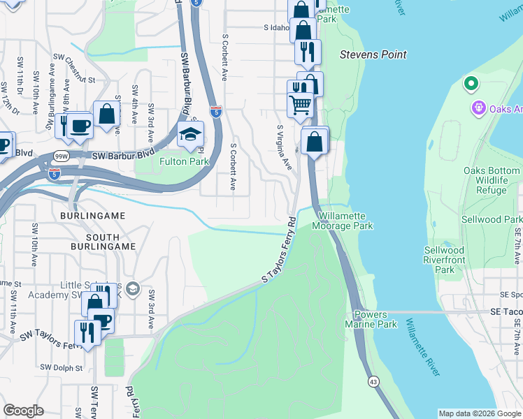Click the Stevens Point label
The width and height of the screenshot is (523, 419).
pyautogui.click(x=373, y=54)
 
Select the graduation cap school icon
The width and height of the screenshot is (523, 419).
pyautogui.click(x=189, y=135)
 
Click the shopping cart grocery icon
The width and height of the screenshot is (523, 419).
pyautogui.click(x=301, y=105)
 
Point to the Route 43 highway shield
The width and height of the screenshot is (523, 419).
pyautogui.click(x=373, y=381)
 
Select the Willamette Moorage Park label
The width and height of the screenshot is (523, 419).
pyautogui.click(x=342, y=221)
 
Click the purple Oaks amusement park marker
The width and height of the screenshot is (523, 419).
pyautogui.click(x=478, y=108)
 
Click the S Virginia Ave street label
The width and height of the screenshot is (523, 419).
pyautogui.click(x=283, y=147)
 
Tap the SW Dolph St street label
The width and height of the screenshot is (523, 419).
pyautogui.click(x=61, y=367)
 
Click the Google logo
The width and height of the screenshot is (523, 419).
pyautogui.click(x=23, y=411)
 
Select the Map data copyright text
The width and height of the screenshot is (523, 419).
pyautogui.click(x=479, y=413)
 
